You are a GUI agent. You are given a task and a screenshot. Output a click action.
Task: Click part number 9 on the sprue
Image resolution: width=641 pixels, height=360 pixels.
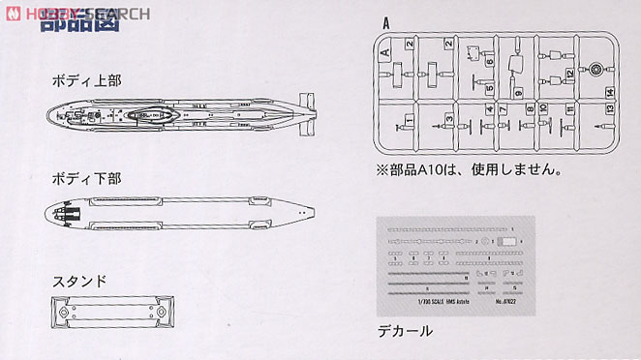(518, 92)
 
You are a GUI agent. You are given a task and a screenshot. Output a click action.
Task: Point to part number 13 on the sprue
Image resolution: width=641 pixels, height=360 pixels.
(607, 108)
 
